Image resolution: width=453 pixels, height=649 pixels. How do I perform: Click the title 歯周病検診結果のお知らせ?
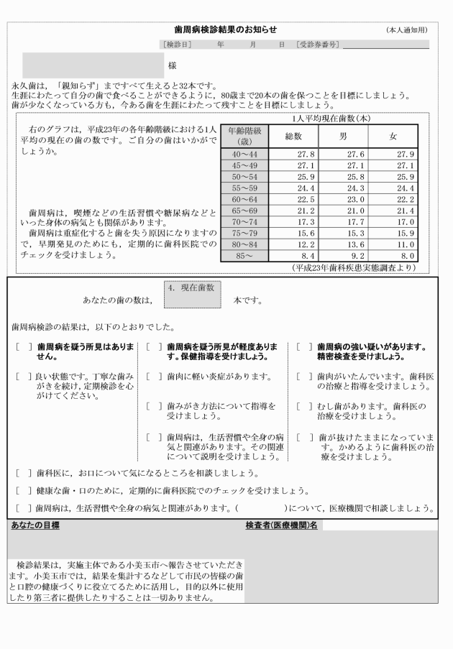point(225,29)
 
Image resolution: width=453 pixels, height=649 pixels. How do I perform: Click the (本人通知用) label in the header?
point(406,29)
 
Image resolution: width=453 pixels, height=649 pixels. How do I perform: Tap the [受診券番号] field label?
point(317,45)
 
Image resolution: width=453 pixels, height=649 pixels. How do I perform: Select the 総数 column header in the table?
point(293,136)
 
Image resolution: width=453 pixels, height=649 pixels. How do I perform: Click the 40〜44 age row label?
point(242,154)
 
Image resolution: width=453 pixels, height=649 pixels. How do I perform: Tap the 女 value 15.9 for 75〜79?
point(406,232)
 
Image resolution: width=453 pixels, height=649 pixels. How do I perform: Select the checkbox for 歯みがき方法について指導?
point(152,406)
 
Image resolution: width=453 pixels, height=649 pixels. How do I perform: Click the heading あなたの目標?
point(35,525)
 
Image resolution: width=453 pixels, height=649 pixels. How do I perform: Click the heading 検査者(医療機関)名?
point(282,525)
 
